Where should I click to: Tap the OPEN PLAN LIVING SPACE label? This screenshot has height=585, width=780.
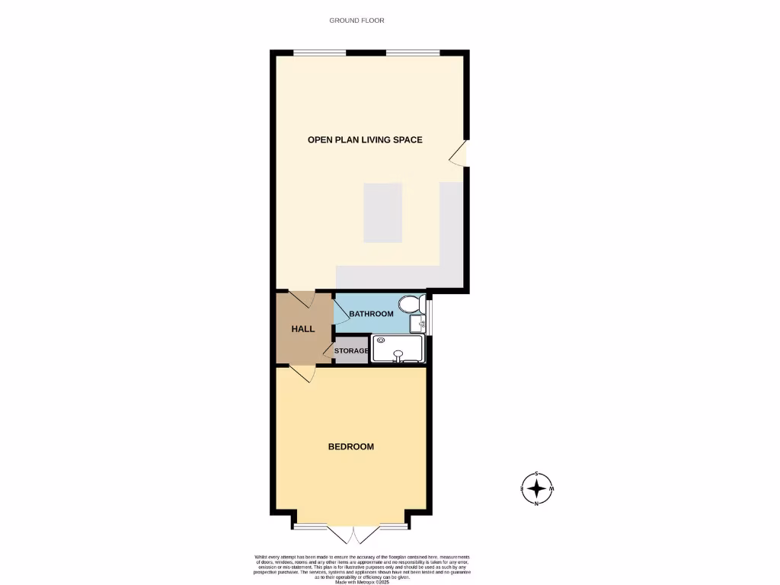(365, 139)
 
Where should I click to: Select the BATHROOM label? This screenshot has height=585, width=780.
(371, 314)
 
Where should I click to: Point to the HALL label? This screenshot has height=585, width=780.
(303, 329)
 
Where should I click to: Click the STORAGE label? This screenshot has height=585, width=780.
(351, 351)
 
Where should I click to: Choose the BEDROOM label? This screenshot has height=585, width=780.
(351, 446)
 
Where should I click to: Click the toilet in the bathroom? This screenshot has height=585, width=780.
(411, 305)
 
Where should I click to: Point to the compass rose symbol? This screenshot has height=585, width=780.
(537, 487)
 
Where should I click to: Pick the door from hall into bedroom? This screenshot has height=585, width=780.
(303, 373)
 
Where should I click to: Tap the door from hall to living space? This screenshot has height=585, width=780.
(302, 298)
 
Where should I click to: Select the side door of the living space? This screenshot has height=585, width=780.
(459, 155)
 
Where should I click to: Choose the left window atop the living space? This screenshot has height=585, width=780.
(319, 52)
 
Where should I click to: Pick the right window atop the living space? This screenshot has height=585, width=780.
(412, 52)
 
